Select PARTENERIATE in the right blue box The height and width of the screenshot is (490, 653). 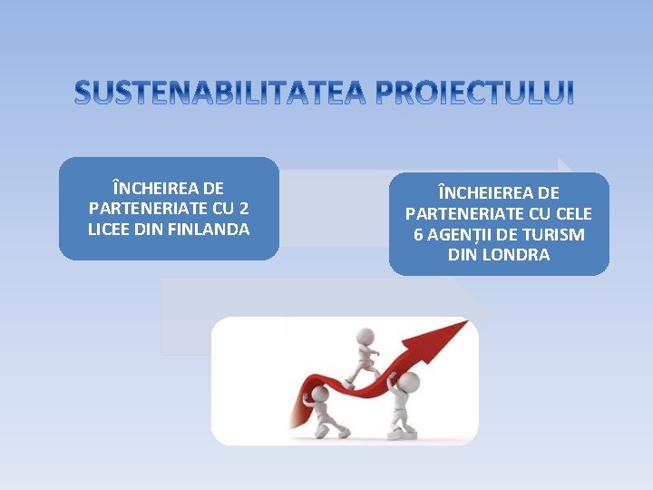coord(466,214)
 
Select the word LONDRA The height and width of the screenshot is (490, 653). coord(516,255)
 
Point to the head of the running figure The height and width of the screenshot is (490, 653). coord(365,335)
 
